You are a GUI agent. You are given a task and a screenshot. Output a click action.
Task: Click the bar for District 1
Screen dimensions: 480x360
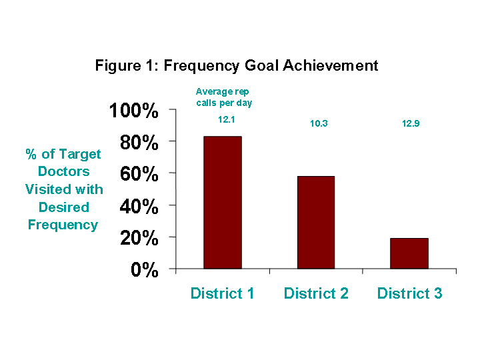[x=223, y=203]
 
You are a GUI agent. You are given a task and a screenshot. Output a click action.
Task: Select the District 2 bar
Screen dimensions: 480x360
[x=316, y=223]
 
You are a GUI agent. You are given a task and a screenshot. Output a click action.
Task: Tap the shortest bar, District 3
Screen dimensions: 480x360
[x=409, y=253]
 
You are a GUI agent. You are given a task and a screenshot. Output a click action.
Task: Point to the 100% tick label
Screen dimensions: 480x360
[x=134, y=110]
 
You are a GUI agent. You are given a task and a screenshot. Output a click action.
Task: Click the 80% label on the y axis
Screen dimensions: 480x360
[x=139, y=143]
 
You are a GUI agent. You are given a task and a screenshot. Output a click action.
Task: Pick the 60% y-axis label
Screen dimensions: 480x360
[x=139, y=174]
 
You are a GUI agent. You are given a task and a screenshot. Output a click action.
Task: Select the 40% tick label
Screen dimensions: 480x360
[x=139, y=206]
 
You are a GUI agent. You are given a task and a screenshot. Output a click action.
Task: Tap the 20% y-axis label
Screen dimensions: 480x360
[x=139, y=238]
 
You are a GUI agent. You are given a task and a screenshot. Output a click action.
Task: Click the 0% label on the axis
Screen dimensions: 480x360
[x=145, y=270]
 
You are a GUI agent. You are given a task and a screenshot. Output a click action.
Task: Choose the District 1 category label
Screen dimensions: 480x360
[x=222, y=293]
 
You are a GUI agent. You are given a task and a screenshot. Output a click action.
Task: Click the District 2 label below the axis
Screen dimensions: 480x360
[x=316, y=293]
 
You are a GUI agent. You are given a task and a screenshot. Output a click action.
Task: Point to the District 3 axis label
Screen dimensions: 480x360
[x=409, y=293]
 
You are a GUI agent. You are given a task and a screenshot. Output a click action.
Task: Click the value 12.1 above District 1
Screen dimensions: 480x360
[x=227, y=119]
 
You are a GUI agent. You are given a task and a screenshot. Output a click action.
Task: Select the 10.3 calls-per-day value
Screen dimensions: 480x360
[x=319, y=123]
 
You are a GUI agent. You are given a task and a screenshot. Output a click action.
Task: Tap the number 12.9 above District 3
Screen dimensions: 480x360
[x=411, y=123]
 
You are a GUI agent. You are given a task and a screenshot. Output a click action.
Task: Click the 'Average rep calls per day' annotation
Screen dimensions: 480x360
[x=224, y=97]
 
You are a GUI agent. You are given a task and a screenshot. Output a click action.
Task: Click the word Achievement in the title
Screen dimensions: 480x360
[x=330, y=65]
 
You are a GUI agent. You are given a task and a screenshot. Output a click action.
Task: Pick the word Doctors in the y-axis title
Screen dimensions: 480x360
[x=64, y=171]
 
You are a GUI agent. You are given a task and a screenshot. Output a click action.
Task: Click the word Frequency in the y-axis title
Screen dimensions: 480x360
[x=63, y=225]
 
